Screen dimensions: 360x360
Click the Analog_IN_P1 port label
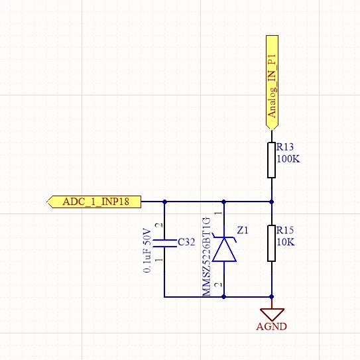click(272, 83)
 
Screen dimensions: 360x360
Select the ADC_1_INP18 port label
click(94, 202)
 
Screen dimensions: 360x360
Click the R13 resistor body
click(272, 160)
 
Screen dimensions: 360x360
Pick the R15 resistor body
click(272, 243)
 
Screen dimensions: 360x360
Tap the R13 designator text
click(285, 147)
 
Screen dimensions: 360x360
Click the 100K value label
click(288, 159)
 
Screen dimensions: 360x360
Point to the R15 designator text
click(285, 230)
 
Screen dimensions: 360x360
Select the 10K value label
click(286, 242)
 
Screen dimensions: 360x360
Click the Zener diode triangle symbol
click(224, 249)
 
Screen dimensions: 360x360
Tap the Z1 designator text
click(243, 230)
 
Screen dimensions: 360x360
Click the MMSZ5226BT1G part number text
click(206, 257)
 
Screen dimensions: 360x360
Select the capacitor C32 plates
click(164, 243)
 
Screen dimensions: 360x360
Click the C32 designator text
click(186, 242)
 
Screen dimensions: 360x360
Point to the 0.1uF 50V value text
click(147, 251)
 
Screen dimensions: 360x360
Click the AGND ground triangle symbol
click(272, 314)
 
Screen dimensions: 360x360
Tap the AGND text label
click(272, 326)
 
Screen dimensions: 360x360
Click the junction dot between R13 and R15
click(272, 202)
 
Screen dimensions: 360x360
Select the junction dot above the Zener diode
click(224, 202)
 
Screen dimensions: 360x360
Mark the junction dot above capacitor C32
click(164, 202)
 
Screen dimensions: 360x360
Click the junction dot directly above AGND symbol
click(272, 297)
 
